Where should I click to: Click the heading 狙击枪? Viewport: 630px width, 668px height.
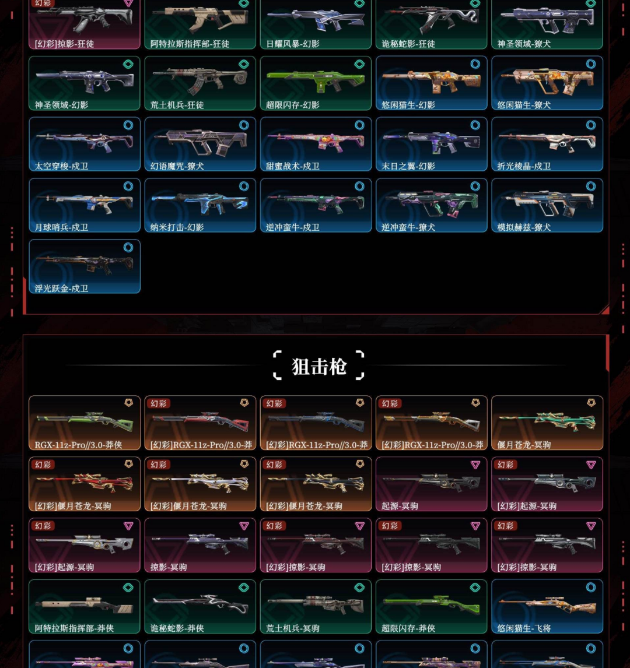coord(318,366)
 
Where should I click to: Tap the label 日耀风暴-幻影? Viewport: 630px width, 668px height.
coord(293,44)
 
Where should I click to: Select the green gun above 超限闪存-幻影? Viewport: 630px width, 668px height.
coord(316,81)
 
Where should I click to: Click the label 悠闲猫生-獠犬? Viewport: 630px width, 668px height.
coord(524,105)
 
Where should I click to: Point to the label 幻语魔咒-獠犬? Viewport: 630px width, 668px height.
coord(177,166)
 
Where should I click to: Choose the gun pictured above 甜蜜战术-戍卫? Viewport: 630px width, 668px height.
coord(316,142)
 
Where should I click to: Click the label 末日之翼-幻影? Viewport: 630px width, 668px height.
coord(408,166)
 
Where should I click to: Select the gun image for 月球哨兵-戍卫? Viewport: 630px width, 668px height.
coord(84,202)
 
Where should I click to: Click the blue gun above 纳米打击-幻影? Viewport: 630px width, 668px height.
coord(199,202)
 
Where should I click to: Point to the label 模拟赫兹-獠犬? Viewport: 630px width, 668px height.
coord(524,227)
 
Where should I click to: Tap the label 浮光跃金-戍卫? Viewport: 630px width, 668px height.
coord(61,289)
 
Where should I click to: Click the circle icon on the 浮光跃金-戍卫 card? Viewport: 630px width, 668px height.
coord(128,248)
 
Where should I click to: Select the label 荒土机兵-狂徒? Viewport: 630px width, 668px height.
coord(177,105)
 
